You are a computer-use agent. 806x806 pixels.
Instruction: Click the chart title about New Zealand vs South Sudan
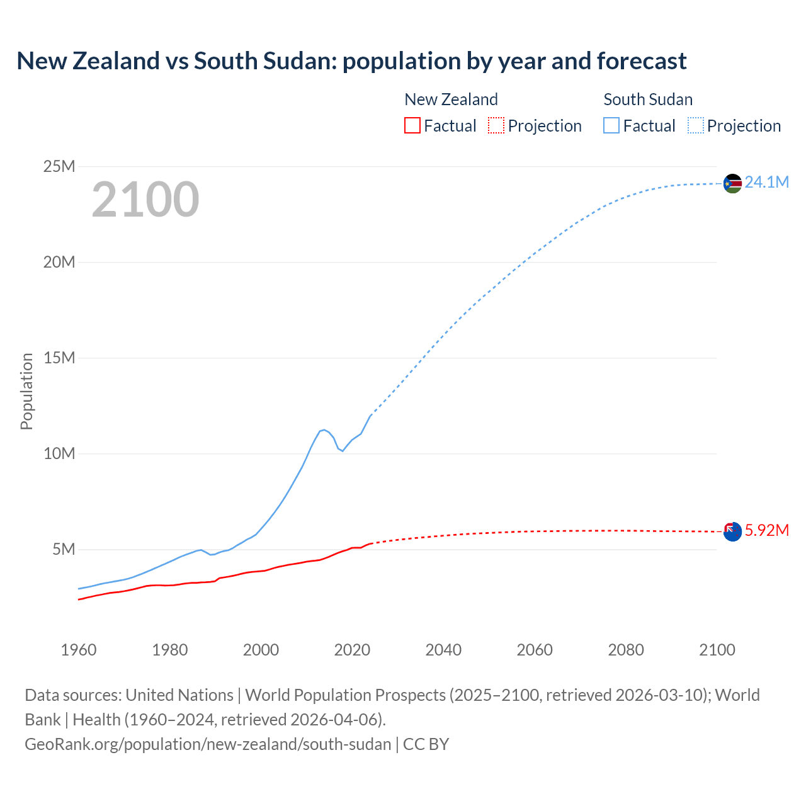351,61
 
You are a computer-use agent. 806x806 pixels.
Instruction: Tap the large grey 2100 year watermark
145,200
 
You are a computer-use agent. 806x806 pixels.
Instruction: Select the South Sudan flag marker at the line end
732,183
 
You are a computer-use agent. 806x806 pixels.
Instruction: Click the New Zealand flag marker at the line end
732,531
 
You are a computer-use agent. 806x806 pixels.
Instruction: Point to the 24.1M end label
766,183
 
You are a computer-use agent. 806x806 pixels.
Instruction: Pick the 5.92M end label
766,530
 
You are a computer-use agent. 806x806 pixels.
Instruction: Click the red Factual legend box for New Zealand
412,126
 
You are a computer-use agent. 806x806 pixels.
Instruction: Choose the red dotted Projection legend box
496,126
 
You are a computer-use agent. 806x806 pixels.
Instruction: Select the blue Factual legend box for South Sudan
611,126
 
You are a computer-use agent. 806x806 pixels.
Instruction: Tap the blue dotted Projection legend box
695,126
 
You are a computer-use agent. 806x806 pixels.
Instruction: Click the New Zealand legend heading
451,99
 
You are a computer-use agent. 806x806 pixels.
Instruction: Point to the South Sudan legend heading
648,99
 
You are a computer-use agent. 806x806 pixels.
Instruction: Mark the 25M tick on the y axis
59,166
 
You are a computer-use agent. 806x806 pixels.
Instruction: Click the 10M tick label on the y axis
59,453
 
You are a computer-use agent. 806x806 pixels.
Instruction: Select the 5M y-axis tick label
64,549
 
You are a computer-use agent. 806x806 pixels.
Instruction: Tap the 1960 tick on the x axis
79,650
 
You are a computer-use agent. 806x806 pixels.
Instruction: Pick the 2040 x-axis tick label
443,650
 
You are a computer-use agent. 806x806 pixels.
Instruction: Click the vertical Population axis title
26,391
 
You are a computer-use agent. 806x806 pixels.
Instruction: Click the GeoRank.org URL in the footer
208,744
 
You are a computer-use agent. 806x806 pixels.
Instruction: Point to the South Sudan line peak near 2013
324,429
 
